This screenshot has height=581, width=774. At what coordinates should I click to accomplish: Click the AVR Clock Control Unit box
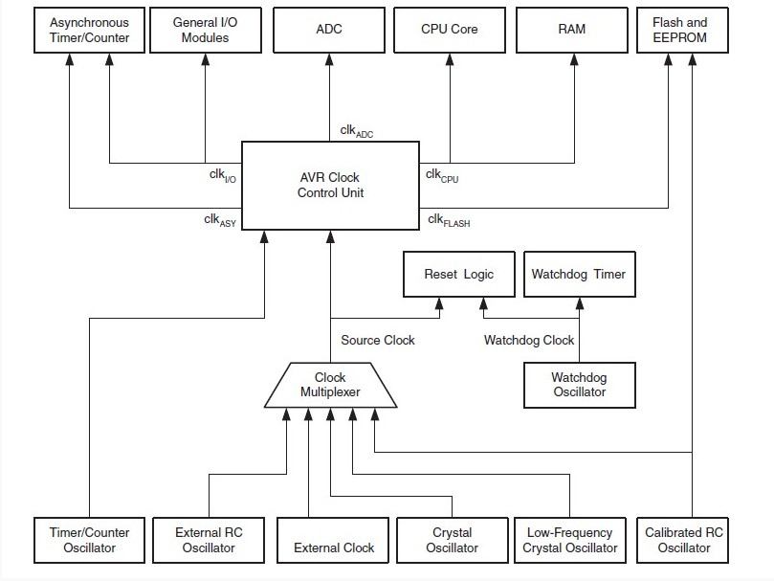331,186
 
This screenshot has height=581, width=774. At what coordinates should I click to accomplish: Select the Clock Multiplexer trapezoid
331,386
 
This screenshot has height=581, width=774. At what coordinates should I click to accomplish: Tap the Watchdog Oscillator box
580,386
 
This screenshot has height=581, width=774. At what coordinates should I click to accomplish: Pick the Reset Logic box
459,274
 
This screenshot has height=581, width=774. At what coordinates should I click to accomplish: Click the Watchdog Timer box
580,274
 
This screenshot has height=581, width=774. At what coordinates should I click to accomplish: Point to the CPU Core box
450,30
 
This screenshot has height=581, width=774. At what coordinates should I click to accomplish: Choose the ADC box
329,30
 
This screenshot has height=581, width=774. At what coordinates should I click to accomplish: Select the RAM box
572,30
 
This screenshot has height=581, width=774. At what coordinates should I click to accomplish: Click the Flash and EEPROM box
683,30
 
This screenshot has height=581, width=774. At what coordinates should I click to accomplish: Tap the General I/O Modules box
206,30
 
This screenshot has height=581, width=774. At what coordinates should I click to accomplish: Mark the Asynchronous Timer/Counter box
89,30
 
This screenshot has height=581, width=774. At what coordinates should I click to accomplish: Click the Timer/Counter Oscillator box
89,541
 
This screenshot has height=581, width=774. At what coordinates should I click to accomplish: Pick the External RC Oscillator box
209,541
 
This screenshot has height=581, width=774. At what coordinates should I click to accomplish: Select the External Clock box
333,541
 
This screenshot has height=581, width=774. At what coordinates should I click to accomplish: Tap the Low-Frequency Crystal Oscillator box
570,541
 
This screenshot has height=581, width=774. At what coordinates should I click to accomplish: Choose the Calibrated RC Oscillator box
683,541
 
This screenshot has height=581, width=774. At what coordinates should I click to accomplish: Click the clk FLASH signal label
449,220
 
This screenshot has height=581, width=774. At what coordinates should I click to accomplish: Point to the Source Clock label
378,340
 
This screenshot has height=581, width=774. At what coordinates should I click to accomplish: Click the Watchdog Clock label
529,340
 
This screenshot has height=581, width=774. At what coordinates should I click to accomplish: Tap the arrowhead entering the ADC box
330,59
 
